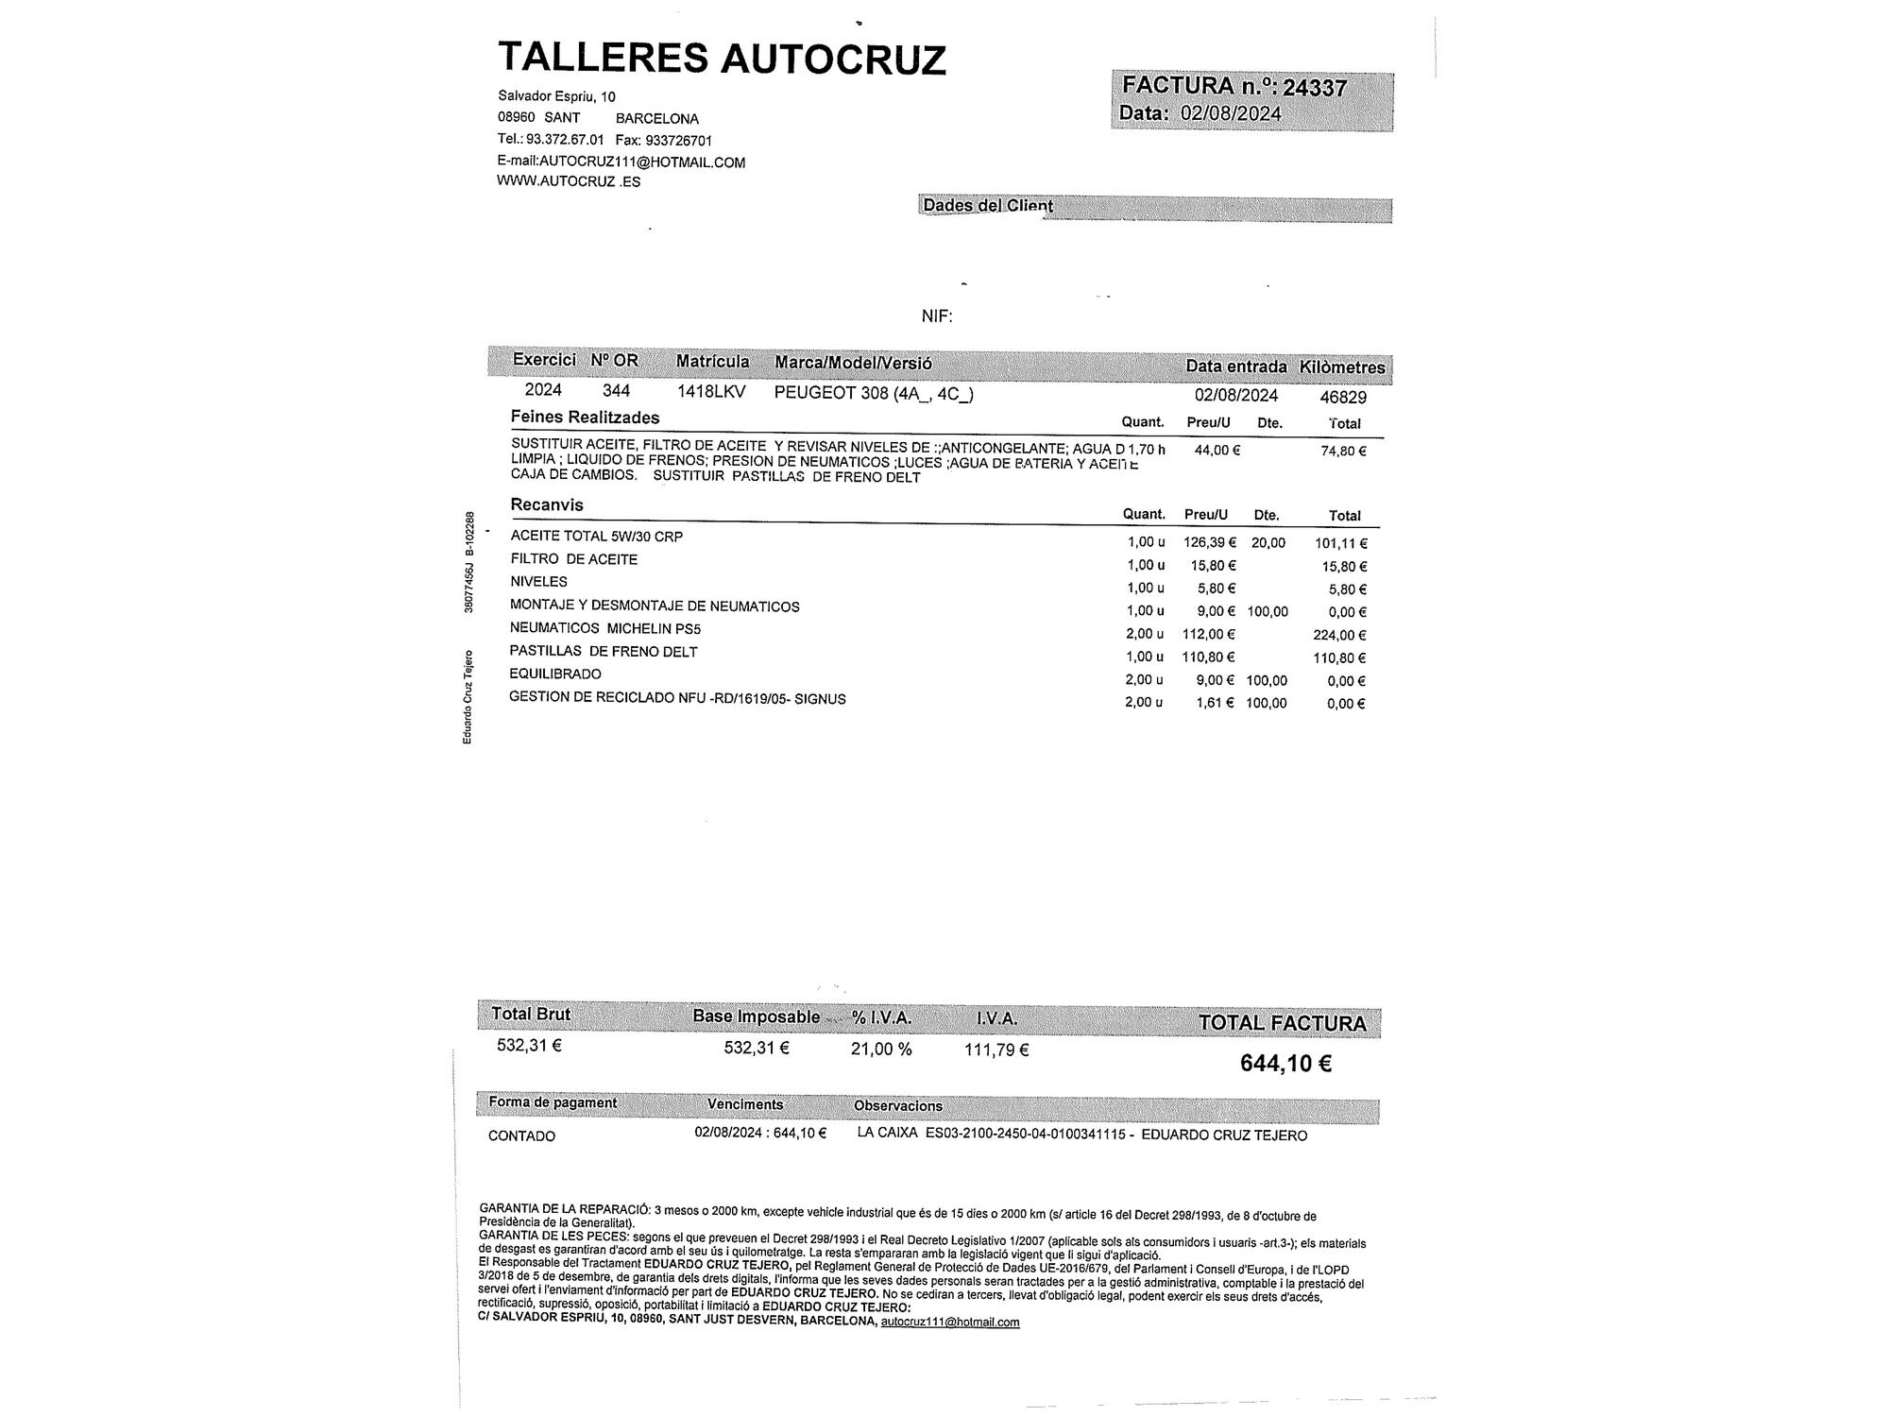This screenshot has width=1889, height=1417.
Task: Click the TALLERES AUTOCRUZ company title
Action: pyautogui.click(x=722, y=59)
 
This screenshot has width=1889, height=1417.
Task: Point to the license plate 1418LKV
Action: pyautogui.click(x=711, y=391)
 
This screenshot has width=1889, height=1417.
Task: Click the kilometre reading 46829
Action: pyautogui.click(x=1342, y=397)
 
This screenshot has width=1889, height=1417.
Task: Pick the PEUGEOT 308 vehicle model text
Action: pyautogui.click(x=873, y=394)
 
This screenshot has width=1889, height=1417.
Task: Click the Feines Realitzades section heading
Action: pyautogui.click(x=585, y=417)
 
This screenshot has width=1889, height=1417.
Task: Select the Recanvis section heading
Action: pyautogui.click(x=547, y=504)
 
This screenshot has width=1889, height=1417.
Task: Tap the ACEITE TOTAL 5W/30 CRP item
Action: pyautogui.click(x=596, y=537)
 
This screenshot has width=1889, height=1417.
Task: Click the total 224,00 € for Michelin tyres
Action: pyautogui.click(x=1339, y=636)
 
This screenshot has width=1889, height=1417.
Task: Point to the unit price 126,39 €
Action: pyautogui.click(x=1209, y=542)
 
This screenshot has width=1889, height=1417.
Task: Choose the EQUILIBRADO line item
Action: pyautogui.click(x=554, y=674)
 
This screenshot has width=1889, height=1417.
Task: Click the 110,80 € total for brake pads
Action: pyautogui.click(x=1339, y=658)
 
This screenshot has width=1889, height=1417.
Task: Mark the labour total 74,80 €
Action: pyautogui.click(x=1343, y=452)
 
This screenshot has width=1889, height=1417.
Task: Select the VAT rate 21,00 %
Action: pyautogui.click(x=880, y=1050)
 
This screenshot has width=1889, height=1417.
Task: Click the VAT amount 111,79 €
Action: pyautogui.click(x=996, y=1050)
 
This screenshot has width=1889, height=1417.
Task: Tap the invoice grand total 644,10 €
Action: pyautogui.click(x=1285, y=1064)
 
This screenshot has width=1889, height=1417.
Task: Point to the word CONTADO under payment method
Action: pyautogui.click(x=521, y=1135)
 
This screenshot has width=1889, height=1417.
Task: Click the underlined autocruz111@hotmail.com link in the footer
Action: pyautogui.click(x=949, y=1322)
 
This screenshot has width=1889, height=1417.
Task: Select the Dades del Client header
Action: pyautogui.click(x=987, y=206)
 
